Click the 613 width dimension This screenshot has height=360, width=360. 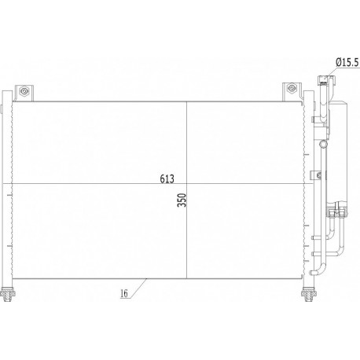167,178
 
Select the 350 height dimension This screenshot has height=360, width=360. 182,200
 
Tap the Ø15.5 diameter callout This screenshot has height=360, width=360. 347,62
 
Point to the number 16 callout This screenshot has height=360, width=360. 124,293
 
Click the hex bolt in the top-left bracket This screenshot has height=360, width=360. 24,91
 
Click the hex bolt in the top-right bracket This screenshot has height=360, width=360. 292,88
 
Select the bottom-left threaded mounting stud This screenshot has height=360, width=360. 8,294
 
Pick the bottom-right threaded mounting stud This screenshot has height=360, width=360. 309,294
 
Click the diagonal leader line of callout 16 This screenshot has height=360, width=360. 138,288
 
